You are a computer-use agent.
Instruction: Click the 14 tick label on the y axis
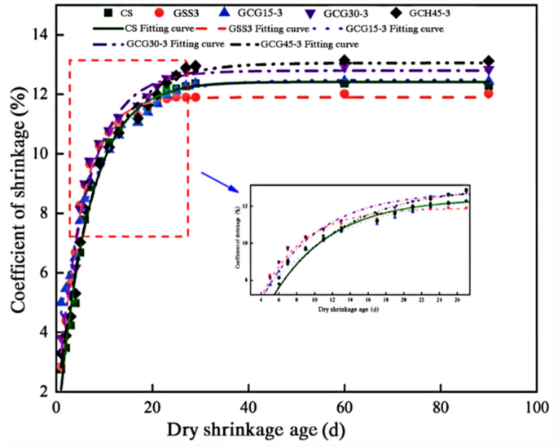coord(39,35)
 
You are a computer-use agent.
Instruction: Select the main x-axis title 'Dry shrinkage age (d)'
coord(295,430)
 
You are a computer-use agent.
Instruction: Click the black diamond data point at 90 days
coord(488,61)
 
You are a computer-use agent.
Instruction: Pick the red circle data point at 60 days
coord(345,94)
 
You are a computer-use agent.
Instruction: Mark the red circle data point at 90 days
coord(488,94)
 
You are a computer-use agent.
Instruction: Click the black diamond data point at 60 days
coord(345,61)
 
